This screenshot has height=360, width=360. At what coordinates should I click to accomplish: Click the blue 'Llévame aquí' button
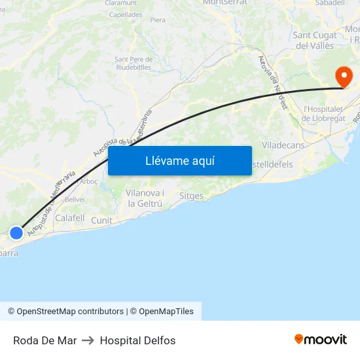pyautogui.click(x=179, y=161)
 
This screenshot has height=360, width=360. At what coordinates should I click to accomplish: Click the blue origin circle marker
pyautogui.click(x=17, y=232)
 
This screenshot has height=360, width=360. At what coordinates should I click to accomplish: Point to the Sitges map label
pyautogui.click(x=191, y=196)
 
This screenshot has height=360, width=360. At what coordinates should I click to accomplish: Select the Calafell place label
pyautogui.click(x=70, y=218)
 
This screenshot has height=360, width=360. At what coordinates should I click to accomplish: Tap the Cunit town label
pyautogui.click(x=101, y=221)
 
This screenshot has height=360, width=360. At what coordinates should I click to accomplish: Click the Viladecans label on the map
pyautogui.click(x=283, y=145)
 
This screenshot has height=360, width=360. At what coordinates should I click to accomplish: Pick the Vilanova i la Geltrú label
pyautogui.click(x=144, y=198)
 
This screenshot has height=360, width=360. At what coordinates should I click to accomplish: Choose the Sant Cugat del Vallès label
pyautogui.click(x=315, y=41)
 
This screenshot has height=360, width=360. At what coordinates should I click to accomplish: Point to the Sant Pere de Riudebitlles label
pyautogui.click(x=134, y=63)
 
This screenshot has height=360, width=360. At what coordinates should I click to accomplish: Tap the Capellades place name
pyautogui.click(x=126, y=14)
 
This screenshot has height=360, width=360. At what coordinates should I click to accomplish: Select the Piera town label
pyautogui.click(x=158, y=20)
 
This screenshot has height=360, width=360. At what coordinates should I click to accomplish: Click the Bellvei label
pyautogui.click(x=74, y=199)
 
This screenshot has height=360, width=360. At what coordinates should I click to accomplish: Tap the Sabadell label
pyautogui.click(x=330, y=3)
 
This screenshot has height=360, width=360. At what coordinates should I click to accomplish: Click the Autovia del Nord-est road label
pyautogui.click(x=273, y=82)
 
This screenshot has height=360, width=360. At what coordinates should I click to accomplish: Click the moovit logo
pyautogui.click(x=321, y=340)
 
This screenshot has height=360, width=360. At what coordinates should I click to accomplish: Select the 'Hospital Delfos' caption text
pyautogui.click(x=137, y=340)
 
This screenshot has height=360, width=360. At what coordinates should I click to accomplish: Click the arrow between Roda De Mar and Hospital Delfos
pyautogui.click(x=88, y=340)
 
